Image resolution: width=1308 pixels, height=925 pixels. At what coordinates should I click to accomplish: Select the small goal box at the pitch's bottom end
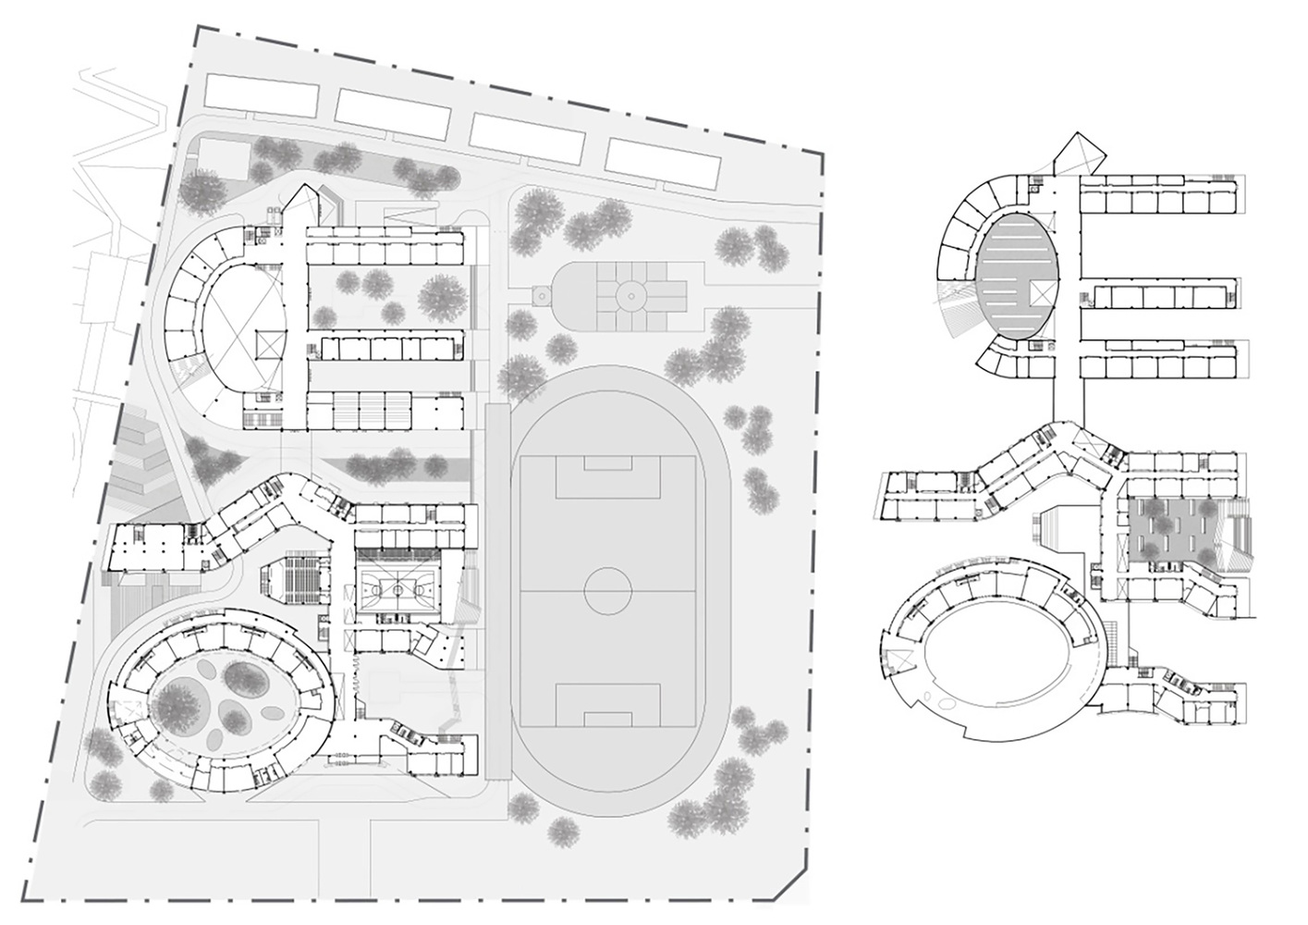click(607, 718)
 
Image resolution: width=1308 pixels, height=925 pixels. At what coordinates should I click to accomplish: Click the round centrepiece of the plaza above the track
click(632, 295)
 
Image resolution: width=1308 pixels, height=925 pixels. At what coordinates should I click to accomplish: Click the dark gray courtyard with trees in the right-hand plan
click(1168, 527)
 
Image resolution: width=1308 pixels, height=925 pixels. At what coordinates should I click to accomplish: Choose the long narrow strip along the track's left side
click(496, 592)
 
